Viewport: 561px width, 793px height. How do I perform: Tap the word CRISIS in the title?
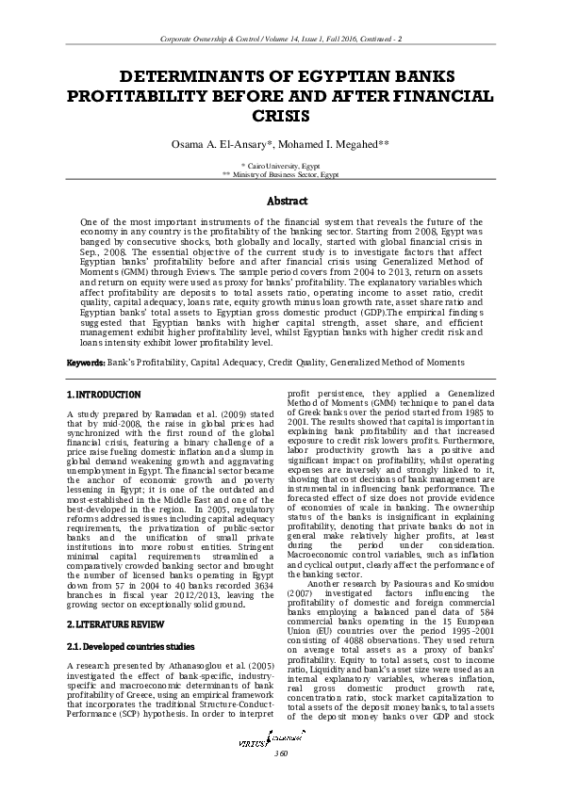[x=280, y=115]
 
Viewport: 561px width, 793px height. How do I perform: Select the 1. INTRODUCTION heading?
[x=104, y=394]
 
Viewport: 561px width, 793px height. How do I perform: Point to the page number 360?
[x=280, y=780]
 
